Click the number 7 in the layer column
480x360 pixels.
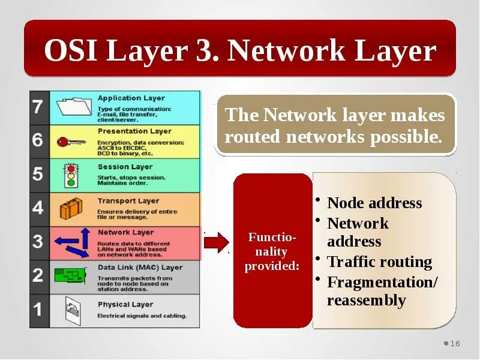[x=37, y=107]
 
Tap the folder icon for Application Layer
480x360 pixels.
[x=73, y=107]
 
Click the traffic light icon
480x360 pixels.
[x=71, y=175]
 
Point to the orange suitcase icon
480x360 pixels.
[x=70, y=208]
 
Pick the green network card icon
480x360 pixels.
[x=70, y=275]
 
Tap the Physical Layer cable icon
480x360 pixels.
[x=71, y=310]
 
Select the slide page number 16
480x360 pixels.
[x=455, y=343]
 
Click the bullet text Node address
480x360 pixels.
[x=374, y=203]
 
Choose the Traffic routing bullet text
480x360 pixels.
[x=379, y=262]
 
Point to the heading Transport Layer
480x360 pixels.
[x=128, y=201]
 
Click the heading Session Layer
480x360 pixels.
[x=125, y=167]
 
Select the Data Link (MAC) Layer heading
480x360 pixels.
[x=140, y=268]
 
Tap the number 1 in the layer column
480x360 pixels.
[x=37, y=310]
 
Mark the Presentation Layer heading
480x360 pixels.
[x=134, y=131]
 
